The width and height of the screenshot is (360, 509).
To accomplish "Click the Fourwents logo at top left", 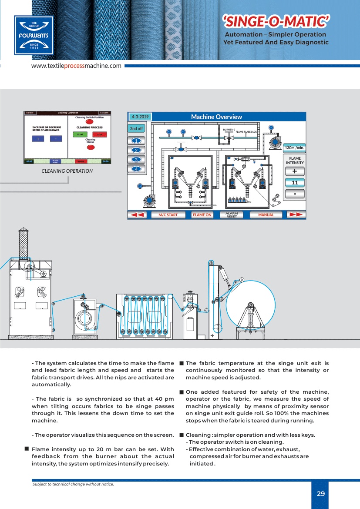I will (x=34, y=35).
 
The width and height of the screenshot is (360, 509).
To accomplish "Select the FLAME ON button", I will (x=202, y=215).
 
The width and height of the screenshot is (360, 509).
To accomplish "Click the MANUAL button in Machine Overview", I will (x=266, y=215).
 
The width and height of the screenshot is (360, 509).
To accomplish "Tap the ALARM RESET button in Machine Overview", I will (x=232, y=215).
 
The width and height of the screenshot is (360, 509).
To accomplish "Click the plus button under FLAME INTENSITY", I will (x=295, y=171).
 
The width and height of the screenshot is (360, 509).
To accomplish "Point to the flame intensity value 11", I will (x=295, y=183).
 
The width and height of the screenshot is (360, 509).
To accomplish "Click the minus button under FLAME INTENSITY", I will (x=295, y=194).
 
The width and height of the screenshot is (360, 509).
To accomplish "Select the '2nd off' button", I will (x=136, y=129).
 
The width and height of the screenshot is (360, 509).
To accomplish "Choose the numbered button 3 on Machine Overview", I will (x=136, y=160).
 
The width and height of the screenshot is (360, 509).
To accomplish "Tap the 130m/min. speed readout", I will (x=294, y=148).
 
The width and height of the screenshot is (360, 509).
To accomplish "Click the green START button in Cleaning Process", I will (x=80, y=134).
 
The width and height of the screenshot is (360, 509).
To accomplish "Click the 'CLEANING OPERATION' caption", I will (x=67, y=171).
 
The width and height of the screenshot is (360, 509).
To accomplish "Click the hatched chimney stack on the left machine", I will (x=24, y=244).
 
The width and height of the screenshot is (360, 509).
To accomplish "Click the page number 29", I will (x=321, y=494).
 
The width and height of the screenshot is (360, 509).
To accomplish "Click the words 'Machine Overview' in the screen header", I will (x=216, y=117).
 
